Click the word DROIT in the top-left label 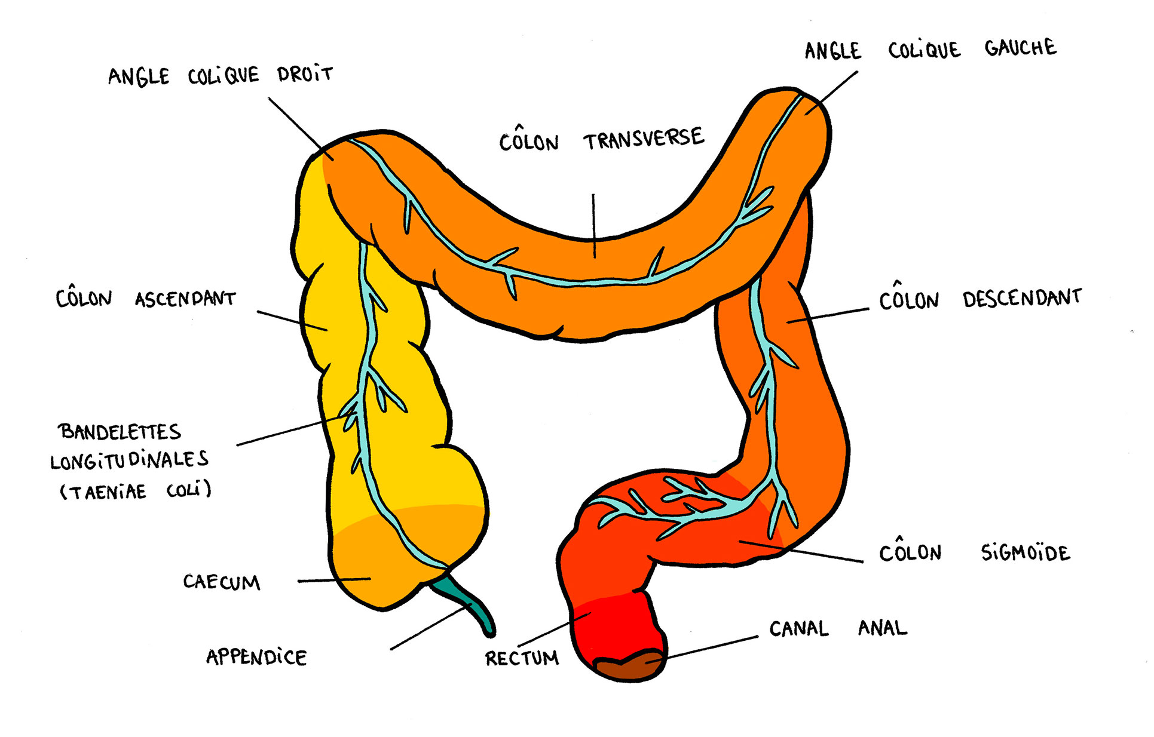[305, 75]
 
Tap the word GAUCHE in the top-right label [1020, 48]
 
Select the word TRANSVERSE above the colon [644, 139]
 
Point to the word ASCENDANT [185, 299]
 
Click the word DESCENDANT [1022, 297]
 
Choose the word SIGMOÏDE [1025, 552]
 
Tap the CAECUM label [222, 582]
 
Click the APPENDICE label [256, 657]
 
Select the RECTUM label [522, 658]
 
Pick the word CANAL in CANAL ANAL [799, 628]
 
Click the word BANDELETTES [120, 431]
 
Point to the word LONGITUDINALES [129, 460]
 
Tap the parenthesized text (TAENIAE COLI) [136, 491]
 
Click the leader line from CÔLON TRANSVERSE [593, 224]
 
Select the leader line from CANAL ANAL [711, 647]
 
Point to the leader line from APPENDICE [430, 627]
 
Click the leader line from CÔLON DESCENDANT [828, 316]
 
